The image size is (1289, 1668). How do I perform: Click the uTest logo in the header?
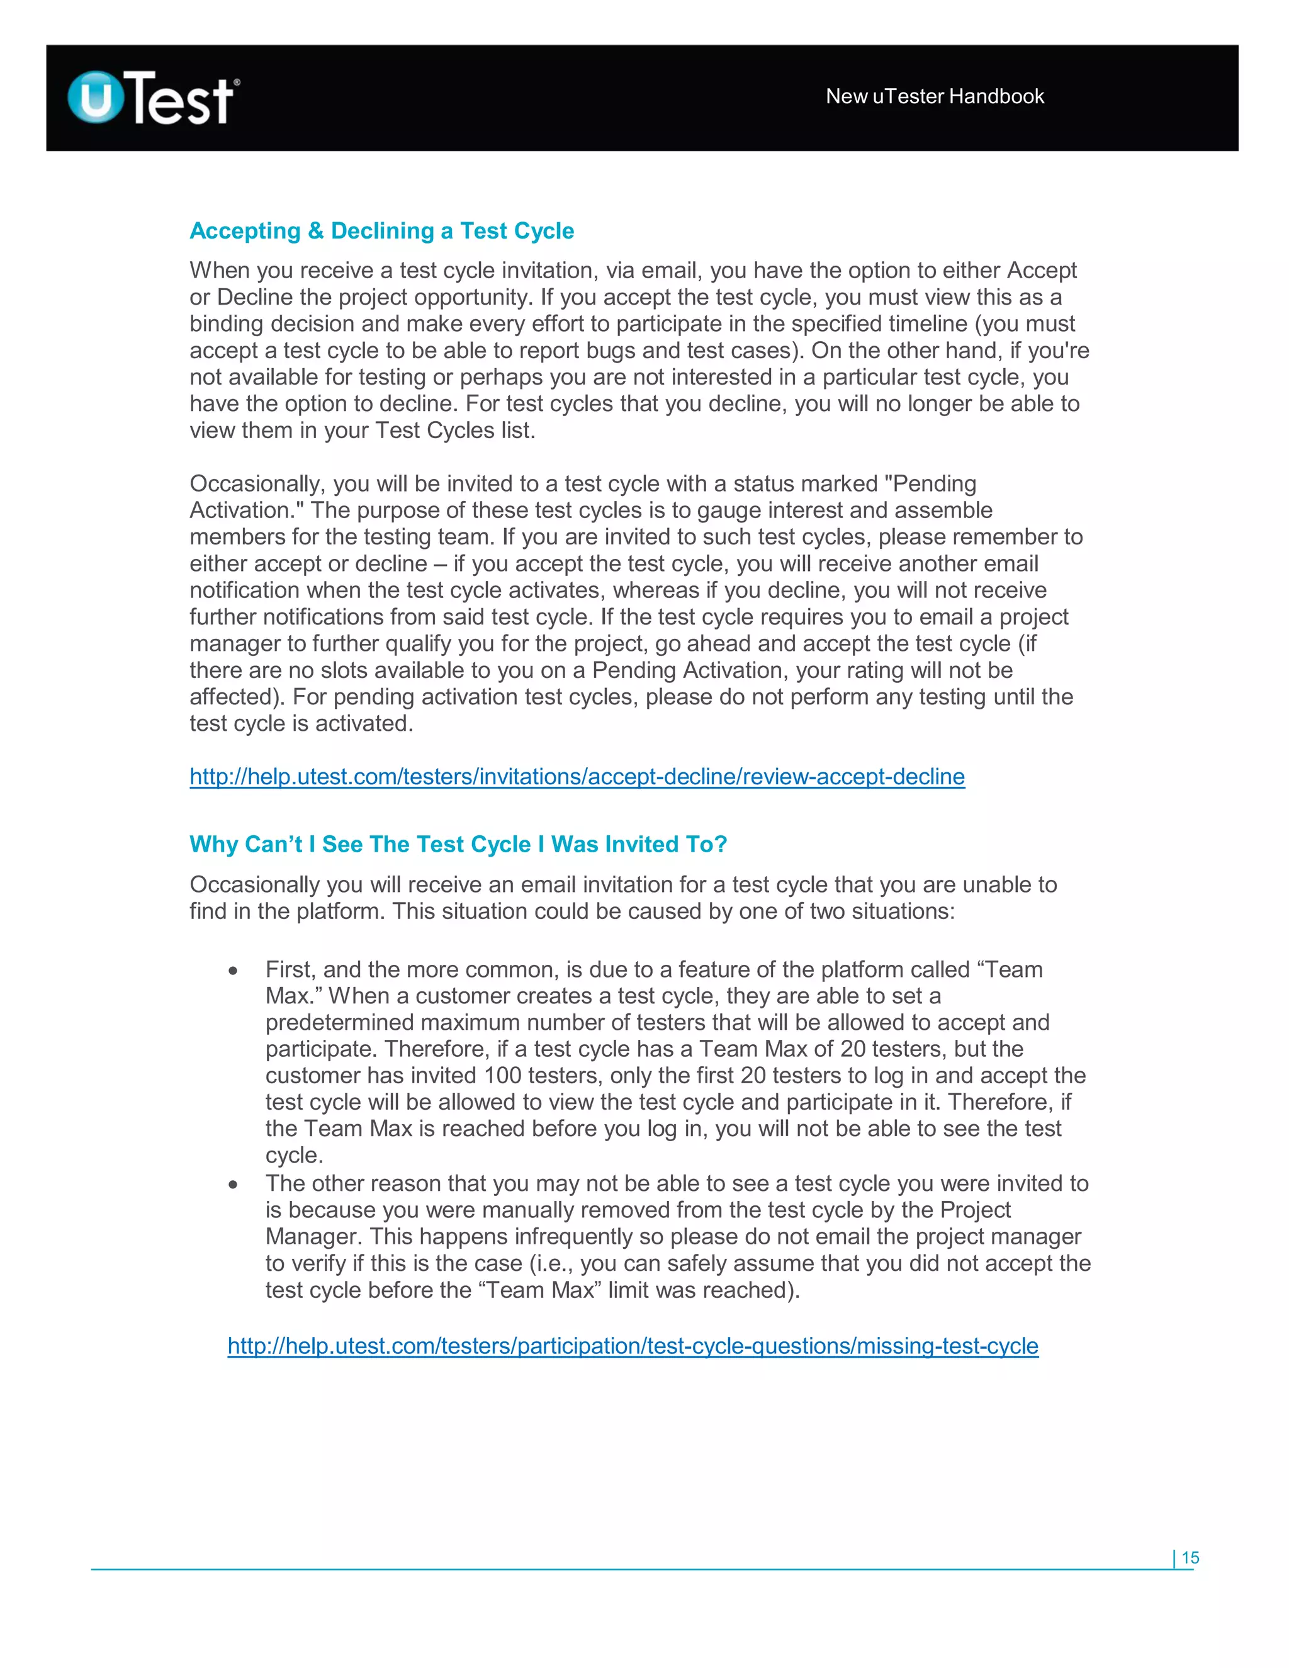tap(153, 98)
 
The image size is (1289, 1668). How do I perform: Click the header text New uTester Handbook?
tap(934, 96)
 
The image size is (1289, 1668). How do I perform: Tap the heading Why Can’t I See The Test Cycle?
tap(458, 844)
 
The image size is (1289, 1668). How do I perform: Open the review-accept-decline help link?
tap(577, 777)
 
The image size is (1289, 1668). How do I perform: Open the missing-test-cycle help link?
tap(633, 1346)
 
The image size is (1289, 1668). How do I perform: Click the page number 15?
tap(1190, 1558)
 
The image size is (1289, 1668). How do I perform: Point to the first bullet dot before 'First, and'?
tap(233, 971)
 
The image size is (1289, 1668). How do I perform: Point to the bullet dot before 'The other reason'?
tap(233, 1185)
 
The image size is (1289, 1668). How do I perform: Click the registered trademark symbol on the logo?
tap(237, 81)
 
